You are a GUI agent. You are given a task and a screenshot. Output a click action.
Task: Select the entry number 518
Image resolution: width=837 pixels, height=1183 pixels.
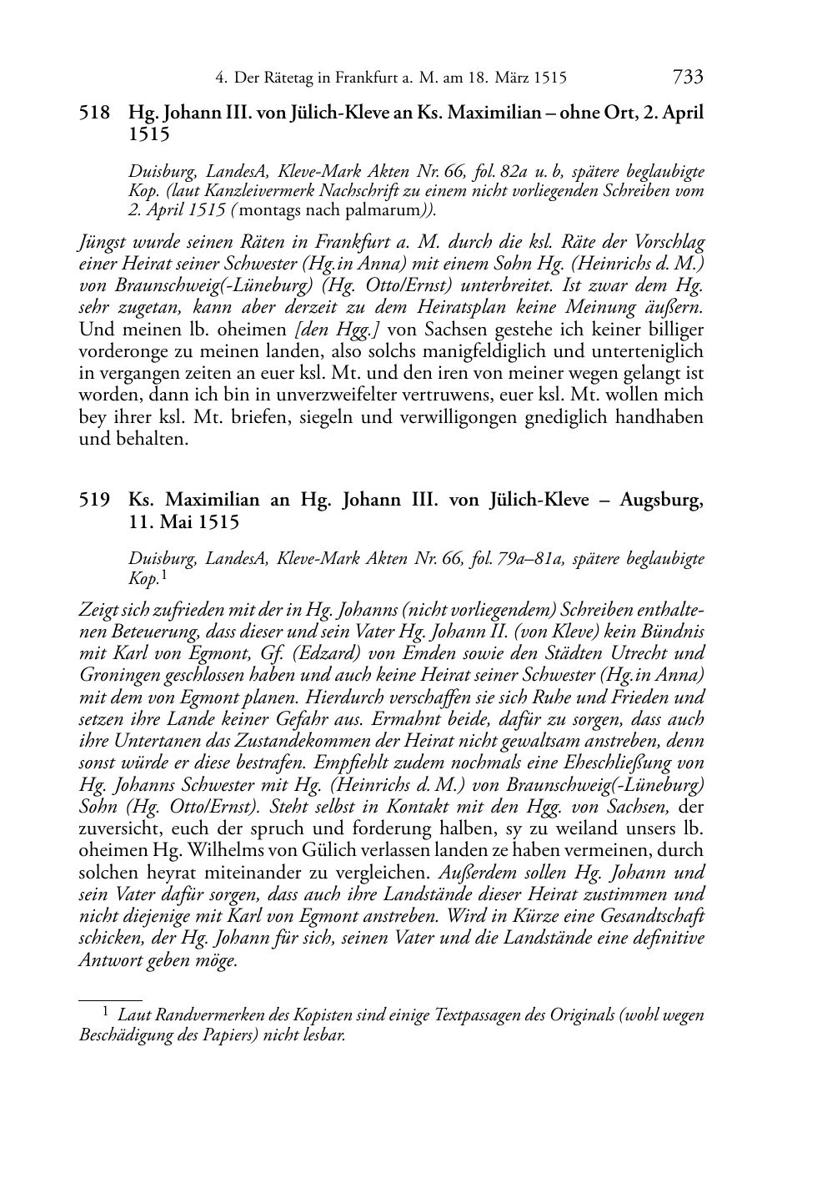(x=94, y=113)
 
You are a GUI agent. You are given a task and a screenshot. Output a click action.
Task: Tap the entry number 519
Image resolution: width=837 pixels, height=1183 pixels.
(x=94, y=501)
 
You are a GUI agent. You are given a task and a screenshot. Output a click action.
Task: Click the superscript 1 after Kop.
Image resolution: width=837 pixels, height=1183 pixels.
(x=164, y=576)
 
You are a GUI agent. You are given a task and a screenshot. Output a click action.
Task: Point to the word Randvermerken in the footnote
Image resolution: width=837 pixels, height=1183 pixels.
(x=211, y=1015)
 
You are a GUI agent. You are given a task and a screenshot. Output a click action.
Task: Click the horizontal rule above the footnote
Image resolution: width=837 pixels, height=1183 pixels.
(x=110, y=999)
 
